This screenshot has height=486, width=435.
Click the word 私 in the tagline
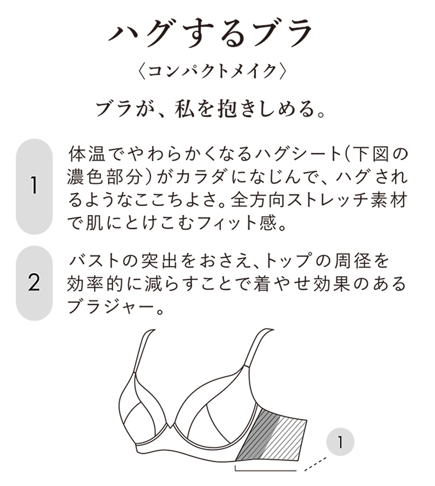[x=185, y=109]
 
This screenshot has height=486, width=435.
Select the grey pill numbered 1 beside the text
[x=34, y=186]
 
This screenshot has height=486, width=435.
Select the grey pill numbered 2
[x=34, y=282]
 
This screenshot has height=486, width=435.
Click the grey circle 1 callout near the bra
[x=340, y=443]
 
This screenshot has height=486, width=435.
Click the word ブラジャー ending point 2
[x=110, y=307]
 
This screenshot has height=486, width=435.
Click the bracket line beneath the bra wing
[x=266, y=470]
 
